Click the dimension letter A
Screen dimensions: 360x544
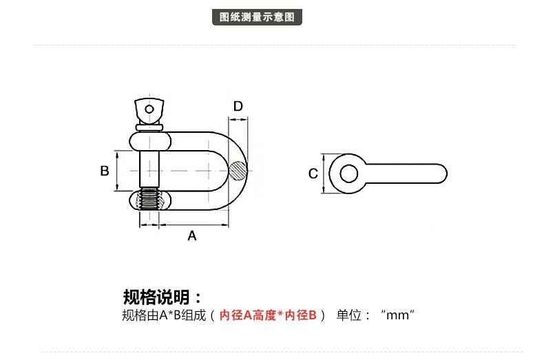click(192, 236)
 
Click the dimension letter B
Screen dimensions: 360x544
click(105, 171)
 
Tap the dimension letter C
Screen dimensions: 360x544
click(313, 173)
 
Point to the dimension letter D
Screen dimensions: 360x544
click(238, 107)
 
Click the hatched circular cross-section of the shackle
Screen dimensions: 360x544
click(237, 171)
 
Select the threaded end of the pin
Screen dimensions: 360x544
click(149, 200)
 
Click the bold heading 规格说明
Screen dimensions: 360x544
click(162, 297)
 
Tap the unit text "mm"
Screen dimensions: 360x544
click(397, 316)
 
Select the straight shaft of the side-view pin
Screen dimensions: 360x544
click(406, 173)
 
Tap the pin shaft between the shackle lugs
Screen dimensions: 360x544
click(149, 171)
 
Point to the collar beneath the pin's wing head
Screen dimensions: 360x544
click(149, 127)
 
